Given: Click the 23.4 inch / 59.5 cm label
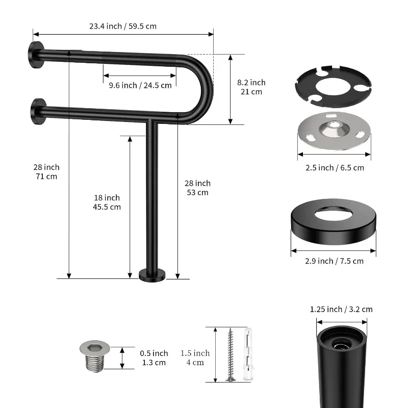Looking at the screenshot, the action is pos(123,27).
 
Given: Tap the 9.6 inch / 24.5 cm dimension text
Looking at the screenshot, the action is pos(140,85).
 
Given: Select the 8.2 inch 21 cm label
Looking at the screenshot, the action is pos(251,87).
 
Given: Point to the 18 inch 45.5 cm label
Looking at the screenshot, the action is pos(107,202).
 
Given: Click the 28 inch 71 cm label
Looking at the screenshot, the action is pos(46,172).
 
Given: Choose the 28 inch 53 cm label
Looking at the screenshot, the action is pos(198,188).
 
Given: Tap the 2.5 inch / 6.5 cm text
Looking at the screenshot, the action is pos(335,168).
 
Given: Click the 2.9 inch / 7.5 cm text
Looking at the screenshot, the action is pos(335,261).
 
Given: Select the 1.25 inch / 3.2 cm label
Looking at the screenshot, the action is pos(341,310).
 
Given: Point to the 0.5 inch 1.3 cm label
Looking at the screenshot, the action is pos(154,358).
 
